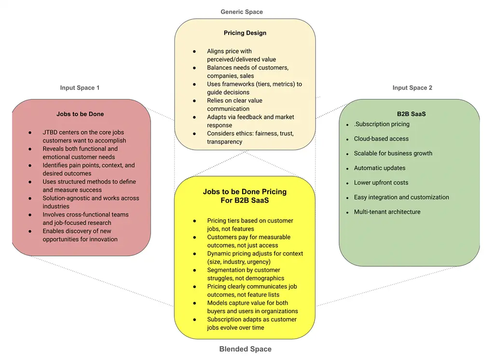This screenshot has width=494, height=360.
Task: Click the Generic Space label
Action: pos(242,12)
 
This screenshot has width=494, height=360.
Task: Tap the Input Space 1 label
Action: pos(80,88)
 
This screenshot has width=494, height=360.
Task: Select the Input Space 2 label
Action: pos(412,88)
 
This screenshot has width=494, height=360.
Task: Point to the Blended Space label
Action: pos(245,349)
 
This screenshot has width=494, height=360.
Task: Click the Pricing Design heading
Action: pos(245,33)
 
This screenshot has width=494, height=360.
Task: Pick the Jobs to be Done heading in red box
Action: pos(80,114)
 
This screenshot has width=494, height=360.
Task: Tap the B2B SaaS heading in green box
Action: pos(411,114)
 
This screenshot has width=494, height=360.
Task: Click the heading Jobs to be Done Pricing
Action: pos(245,192)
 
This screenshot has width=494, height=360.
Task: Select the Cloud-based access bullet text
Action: pos(381,139)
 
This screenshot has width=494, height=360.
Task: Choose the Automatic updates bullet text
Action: pos(380,168)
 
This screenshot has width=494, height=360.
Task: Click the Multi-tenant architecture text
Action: pos(387,212)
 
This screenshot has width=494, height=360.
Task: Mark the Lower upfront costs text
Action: pos(381,183)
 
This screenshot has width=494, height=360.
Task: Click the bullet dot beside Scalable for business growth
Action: pos(348,154)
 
